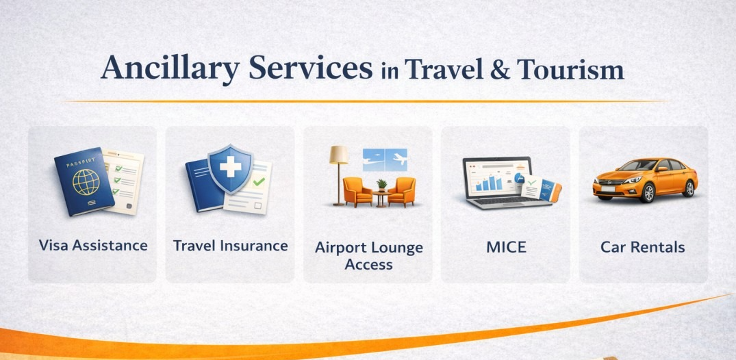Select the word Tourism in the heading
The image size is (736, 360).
pyautogui.click(x=570, y=69)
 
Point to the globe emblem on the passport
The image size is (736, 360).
pyautogui.click(x=86, y=181)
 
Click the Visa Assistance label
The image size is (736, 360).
pyautogui.click(x=93, y=245)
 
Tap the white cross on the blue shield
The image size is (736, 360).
pyautogui.click(x=231, y=166)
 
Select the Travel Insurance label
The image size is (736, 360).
pyautogui.click(x=231, y=245)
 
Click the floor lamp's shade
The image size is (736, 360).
pyautogui.click(x=339, y=155)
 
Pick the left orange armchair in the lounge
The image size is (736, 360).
pyautogui.click(x=357, y=191)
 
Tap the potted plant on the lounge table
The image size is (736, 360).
pyautogui.click(x=382, y=185)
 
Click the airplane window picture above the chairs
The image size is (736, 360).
pyautogui.click(x=385, y=160)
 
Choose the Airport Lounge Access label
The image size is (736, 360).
pyautogui.click(x=369, y=256)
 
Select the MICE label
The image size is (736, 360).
pyautogui.click(x=507, y=247)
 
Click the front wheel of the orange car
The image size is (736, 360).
pyautogui.click(x=646, y=192)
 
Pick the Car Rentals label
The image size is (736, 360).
pyautogui.click(x=643, y=247)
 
